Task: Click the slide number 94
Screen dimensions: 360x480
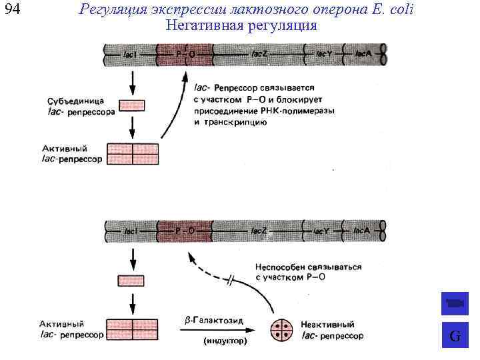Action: (12, 10)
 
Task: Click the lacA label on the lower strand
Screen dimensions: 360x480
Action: (363, 231)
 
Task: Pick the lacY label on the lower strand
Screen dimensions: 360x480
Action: (322, 231)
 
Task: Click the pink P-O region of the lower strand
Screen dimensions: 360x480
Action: (185, 231)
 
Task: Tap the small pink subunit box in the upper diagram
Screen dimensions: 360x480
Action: (132, 105)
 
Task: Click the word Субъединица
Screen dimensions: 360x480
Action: (74, 101)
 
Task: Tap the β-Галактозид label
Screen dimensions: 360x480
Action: (213, 321)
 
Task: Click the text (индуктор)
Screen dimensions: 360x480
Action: (225, 341)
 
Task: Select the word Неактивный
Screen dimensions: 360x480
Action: (327, 324)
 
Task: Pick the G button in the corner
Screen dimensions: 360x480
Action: (455, 336)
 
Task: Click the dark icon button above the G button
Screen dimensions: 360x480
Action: (455, 304)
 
